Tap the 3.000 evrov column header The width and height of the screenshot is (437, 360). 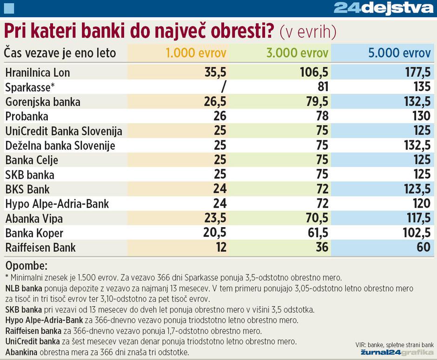pos(297,53)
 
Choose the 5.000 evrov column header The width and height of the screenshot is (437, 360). pos(399,53)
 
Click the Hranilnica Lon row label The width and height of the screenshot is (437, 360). pos(38,73)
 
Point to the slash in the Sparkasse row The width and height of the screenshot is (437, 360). pos(224,87)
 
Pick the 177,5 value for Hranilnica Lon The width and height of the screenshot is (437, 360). pos(417,73)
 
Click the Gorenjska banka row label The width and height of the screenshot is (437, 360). pos(43,102)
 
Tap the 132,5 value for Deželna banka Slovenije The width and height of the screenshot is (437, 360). pos(417,146)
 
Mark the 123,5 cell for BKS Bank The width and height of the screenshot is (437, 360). pos(417,190)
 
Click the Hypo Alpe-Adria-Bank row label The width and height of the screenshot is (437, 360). pos(57,204)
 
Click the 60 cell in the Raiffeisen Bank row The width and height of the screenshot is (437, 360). pos(424,248)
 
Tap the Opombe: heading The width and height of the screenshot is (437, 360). pos(26,266)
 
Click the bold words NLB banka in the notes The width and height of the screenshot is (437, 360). pos(23,288)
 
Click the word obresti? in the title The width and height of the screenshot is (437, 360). pos(242,32)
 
